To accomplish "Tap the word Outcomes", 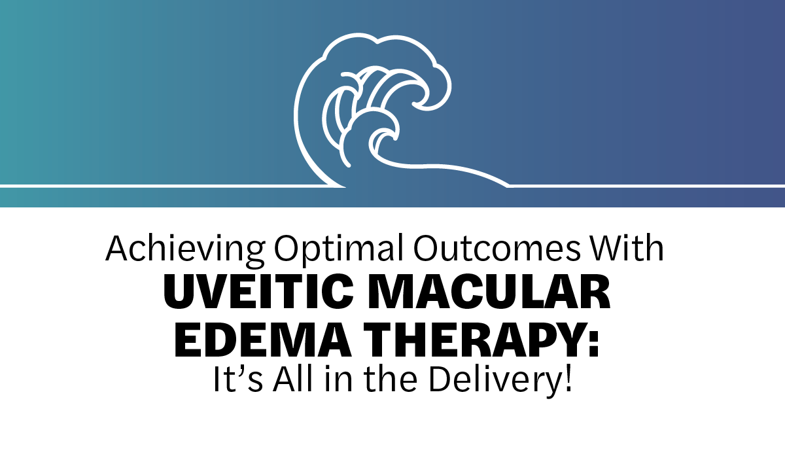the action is pyautogui.click(x=497, y=248).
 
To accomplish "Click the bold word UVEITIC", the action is pyautogui.click(x=258, y=292).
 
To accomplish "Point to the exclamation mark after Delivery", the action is pyautogui.click(x=568, y=379).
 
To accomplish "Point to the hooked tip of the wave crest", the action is pyautogui.click(x=414, y=104).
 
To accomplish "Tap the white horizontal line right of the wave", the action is pyautogui.click(x=646, y=186).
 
